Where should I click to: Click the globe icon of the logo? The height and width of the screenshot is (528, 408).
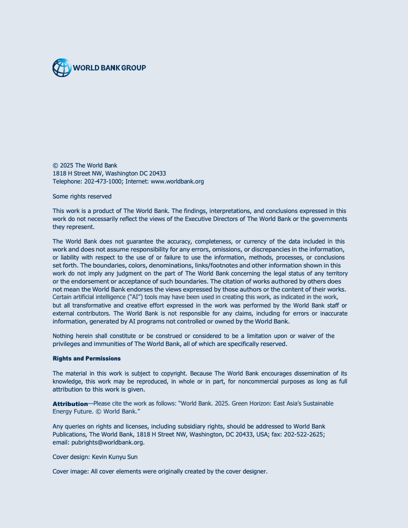(x=62, y=67)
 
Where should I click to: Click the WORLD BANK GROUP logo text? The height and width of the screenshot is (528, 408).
(x=109, y=67)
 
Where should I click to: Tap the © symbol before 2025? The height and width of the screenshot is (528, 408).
(x=55, y=165)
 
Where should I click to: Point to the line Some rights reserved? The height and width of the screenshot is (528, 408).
(x=82, y=196)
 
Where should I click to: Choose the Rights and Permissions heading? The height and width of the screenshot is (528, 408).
(x=86, y=358)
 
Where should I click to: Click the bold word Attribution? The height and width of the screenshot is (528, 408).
(x=70, y=403)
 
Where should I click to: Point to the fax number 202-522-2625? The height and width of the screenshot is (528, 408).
(x=304, y=434)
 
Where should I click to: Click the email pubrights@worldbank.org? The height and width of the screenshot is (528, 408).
(x=107, y=442)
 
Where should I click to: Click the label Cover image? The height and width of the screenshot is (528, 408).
(x=70, y=471)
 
